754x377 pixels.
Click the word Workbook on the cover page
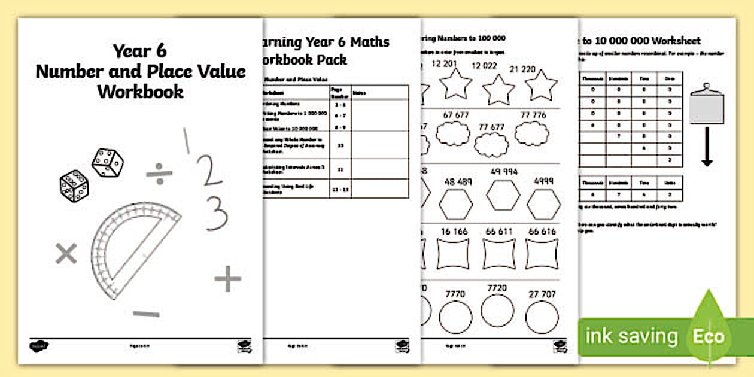click(140, 92)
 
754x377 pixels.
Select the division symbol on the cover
click(159, 174)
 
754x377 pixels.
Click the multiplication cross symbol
click(66, 254)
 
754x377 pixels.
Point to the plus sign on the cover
click(227, 279)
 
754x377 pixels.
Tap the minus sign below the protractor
click(146, 314)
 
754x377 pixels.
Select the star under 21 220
click(541, 85)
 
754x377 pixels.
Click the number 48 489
click(460, 181)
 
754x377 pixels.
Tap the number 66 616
click(542, 232)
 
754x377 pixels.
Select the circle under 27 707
click(542, 317)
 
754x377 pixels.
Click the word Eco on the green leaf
click(709, 336)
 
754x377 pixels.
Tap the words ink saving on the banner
click(631, 336)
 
